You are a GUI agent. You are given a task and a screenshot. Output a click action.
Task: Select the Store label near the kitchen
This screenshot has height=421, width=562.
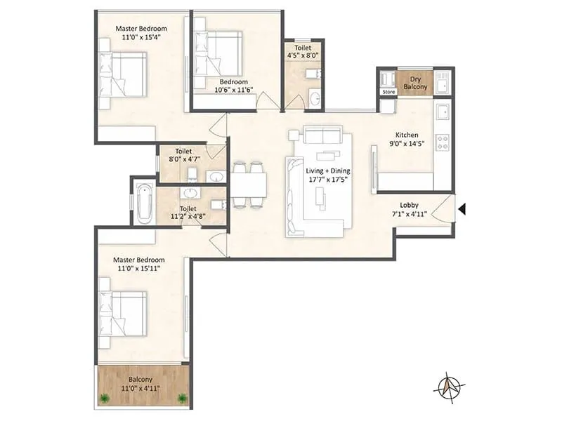pyautogui.click(x=388, y=91)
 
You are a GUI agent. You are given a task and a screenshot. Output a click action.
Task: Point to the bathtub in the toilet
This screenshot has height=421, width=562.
pyautogui.click(x=144, y=202)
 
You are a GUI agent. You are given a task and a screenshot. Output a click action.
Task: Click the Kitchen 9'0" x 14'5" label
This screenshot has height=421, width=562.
pyautogui.click(x=407, y=139)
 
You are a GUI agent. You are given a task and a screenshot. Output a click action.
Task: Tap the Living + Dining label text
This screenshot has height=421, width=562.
pyautogui.click(x=328, y=175)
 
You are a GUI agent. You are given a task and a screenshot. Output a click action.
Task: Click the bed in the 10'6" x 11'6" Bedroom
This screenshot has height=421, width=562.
pyautogui.click(x=218, y=54)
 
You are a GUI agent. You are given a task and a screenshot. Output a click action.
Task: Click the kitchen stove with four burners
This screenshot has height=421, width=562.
pyautogui.click(x=443, y=142)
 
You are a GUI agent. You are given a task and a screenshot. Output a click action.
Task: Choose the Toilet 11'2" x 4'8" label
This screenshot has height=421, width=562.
pyautogui.click(x=188, y=213)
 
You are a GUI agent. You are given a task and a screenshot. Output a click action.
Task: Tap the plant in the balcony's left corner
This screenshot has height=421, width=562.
pyautogui.click(x=105, y=398)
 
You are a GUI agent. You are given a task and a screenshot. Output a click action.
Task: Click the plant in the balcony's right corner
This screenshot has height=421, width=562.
pyautogui.click(x=183, y=398)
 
